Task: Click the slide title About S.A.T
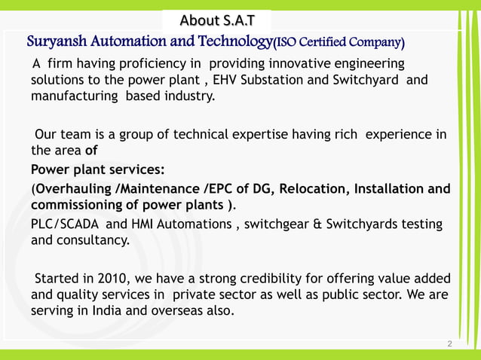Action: [x=216, y=19]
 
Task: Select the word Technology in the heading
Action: [x=234, y=40]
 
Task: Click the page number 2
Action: [x=449, y=343]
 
